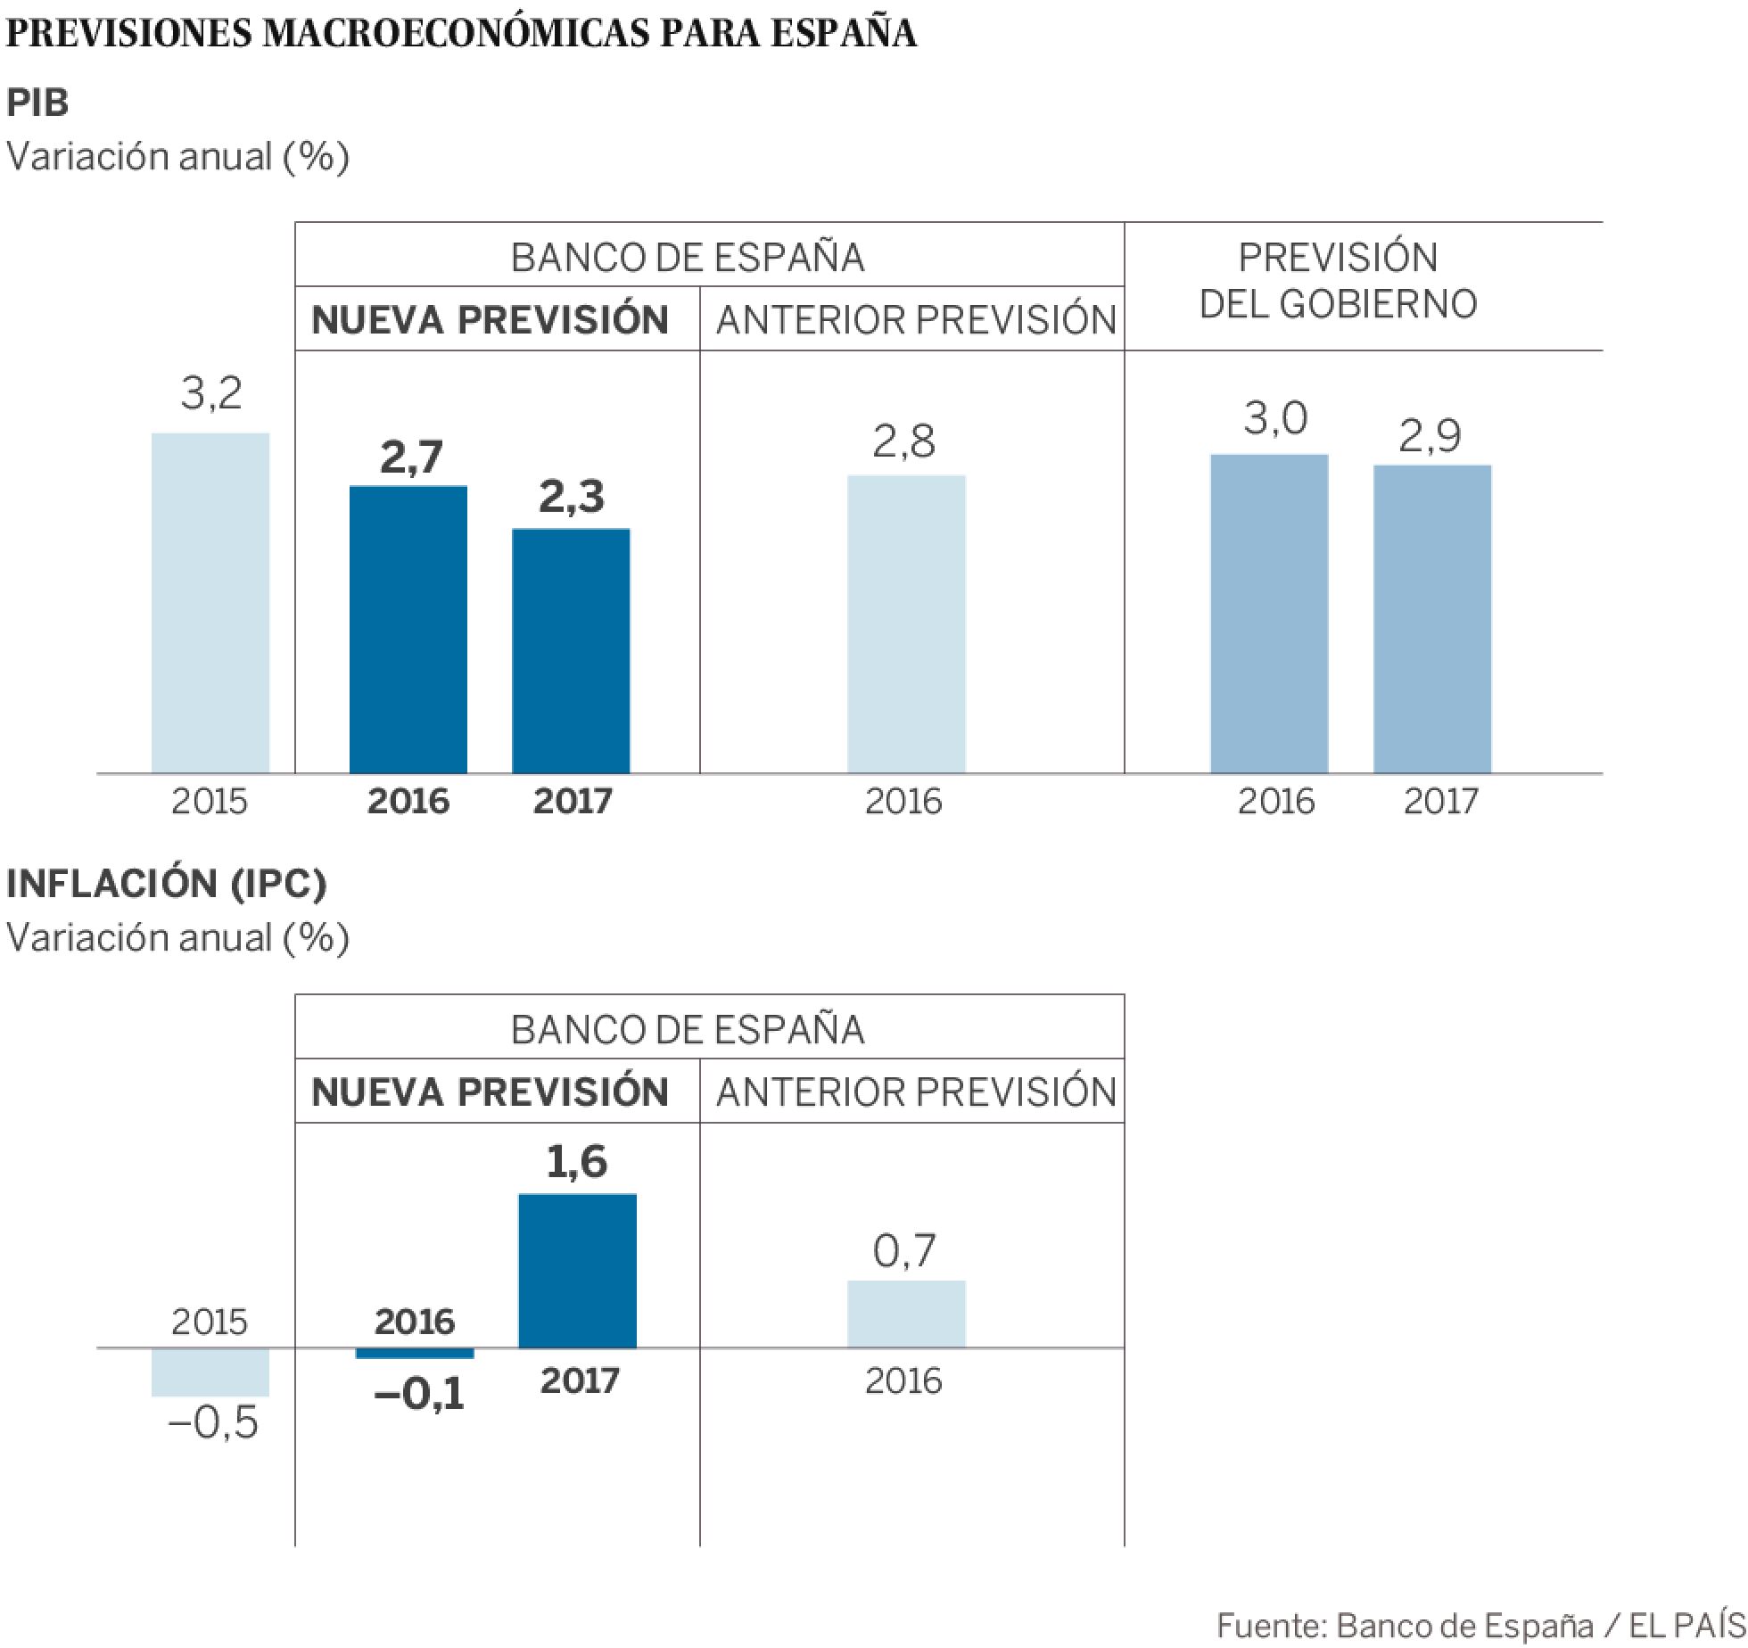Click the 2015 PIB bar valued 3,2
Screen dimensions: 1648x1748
pos(210,603)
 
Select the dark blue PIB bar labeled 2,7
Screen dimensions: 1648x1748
pos(408,630)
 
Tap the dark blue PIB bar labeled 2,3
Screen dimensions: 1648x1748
pos(571,651)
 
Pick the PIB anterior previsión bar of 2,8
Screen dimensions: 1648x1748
pos(906,624)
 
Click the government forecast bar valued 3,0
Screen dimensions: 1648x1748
pos(1269,614)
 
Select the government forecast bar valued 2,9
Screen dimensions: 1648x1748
pos(1432,619)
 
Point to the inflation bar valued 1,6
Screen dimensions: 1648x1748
pos(578,1271)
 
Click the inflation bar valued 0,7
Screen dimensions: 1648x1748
pos(906,1314)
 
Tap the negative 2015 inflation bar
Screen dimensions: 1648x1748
pos(210,1372)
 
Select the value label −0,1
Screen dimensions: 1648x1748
pos(420,1394)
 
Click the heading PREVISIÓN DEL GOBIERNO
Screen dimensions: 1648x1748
pos(1338,281)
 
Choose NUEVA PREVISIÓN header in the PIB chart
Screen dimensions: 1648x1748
pos(490,320)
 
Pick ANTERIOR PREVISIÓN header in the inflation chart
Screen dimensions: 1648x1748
pos(916,1092)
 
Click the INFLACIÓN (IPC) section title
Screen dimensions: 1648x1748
pos(167,883)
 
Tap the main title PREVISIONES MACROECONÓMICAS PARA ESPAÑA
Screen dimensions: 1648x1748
pos(461,33)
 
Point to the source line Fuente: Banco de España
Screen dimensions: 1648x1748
pos(1480,1625)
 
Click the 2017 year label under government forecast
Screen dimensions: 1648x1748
pos(1440,801)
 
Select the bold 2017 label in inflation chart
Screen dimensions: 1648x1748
pos(580,1380)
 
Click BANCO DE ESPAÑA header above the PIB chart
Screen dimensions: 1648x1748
pos(688,258)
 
